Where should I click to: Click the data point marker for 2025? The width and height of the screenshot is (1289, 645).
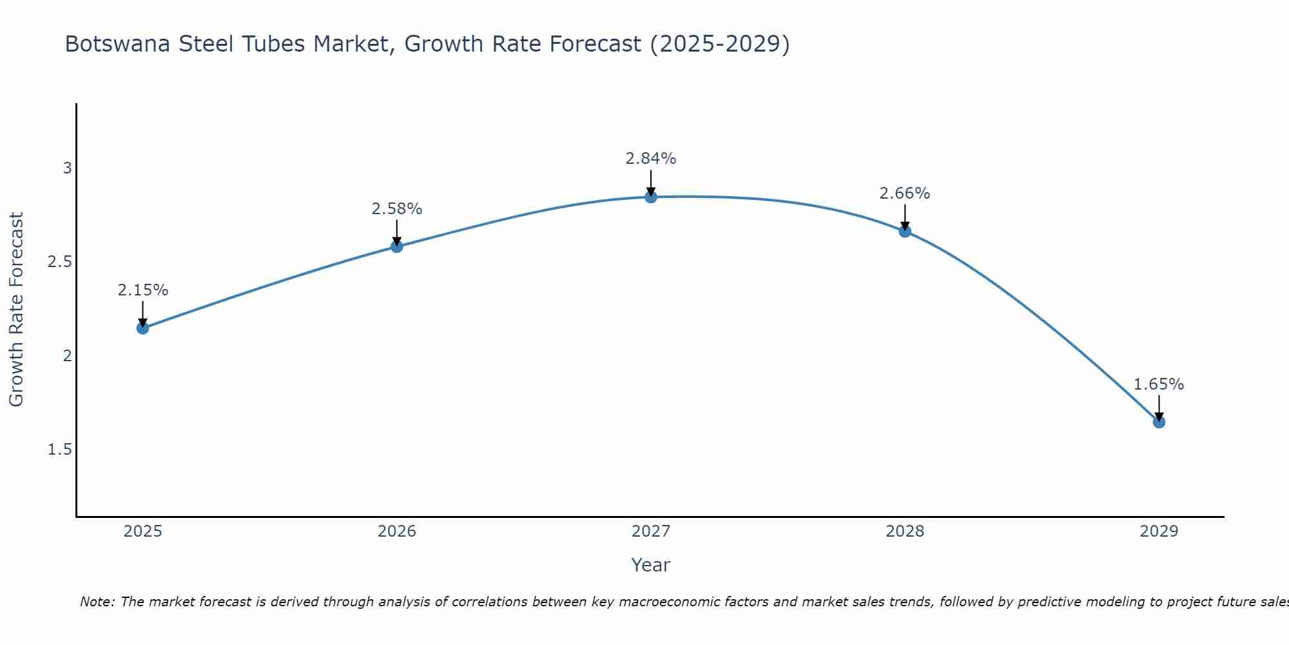tap(142, 328)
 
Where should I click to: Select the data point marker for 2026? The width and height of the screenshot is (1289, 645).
tap(396, 246)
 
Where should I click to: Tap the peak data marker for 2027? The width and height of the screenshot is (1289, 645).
tap(651, 197)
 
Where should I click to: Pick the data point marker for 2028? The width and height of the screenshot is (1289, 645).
tap(905, 231)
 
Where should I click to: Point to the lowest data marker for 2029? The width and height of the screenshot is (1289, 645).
tap(1159, 422)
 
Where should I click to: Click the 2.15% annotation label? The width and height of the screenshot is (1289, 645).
tap(142, 290)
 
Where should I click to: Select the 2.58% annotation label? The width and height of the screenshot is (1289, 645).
tap(396, 209)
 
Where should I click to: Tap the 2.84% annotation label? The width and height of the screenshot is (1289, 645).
tap(651, 159)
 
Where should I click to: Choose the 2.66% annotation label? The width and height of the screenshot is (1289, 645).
tap(905, 193)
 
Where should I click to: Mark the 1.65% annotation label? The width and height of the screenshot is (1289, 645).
tap(1159, 384)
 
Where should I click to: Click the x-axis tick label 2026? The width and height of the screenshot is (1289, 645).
tap(396, 531)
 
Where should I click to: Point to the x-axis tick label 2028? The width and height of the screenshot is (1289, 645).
tap(905, 531)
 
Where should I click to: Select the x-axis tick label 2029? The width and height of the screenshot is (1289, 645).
tap(1159, 531)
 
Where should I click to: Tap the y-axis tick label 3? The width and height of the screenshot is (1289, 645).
tap(67, 168)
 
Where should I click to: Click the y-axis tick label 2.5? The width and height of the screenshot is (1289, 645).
tap(59, 262)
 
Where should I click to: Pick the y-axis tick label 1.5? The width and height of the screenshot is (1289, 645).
tap(59, 450)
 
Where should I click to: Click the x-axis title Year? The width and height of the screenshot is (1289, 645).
tap(651, 565)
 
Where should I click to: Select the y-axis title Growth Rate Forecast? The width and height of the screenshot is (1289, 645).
tap(16, 310)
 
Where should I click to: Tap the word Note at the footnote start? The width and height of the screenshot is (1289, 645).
tap(97, 602)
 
